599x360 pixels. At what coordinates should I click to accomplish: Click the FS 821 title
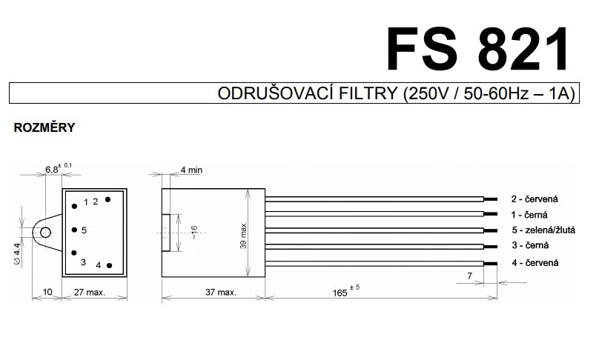[x=478, y=50]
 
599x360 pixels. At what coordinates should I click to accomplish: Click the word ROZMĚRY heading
[x=44, y=127]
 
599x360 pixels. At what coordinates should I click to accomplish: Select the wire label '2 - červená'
[x=535, y=199]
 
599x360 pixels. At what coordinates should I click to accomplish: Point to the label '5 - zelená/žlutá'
[x=543, y=230]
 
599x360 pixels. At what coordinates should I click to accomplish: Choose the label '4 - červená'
[x=535, y=263]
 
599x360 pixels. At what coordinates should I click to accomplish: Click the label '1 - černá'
[x=529, y=215]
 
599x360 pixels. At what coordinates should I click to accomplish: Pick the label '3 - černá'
[x=530, y=245]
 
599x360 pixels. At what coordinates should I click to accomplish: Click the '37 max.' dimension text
[x=221, y=293]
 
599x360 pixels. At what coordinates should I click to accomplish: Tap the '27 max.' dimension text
[x=90, y=293]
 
